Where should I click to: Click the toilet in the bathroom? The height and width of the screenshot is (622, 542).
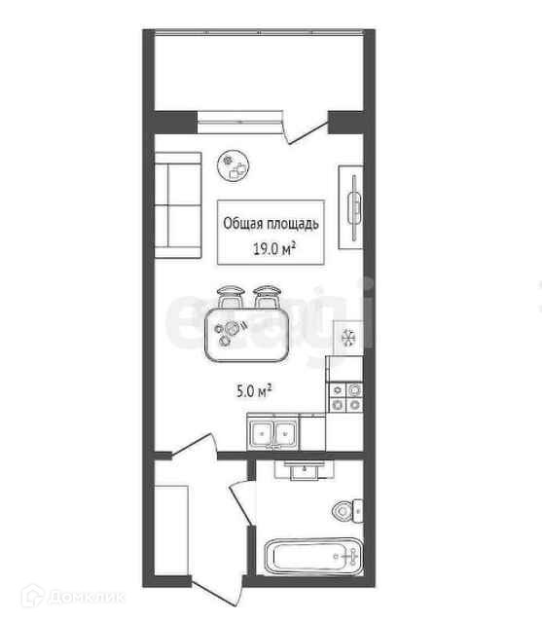coord(347,511)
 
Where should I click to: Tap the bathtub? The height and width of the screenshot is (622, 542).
coord(313,556)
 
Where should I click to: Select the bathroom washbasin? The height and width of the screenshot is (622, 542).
coord(305,470)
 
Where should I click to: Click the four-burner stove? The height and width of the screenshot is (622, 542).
coord(345,397)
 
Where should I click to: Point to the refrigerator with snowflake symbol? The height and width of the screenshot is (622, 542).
coord(348,338)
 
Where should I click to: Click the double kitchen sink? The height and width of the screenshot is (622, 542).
coord(272,434)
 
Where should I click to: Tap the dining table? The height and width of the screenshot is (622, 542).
coord(246,335)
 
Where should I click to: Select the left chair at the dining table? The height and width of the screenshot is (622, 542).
coord(230,296)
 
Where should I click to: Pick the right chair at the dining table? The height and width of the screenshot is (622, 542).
coord(267,296)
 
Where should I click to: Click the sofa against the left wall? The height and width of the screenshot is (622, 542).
coord(178,205)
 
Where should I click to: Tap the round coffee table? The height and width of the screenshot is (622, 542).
coord(234,165)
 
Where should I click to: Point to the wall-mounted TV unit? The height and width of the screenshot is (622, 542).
coord(351,207)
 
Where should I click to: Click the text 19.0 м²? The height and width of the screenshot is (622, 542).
coord(274,249)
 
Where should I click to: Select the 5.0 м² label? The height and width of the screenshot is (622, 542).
coord(254,391)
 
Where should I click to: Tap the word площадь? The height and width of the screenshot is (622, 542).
coord(293,224)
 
